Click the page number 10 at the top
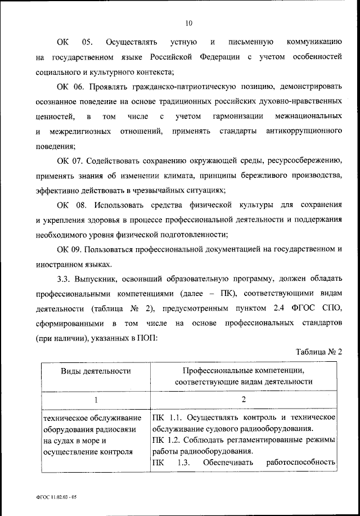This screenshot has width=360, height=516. click(x=188, y=23)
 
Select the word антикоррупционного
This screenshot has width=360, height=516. click(x=305, y=131)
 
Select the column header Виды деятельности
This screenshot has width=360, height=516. click(x=96, y=371)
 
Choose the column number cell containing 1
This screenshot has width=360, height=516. click(x=96, y=400)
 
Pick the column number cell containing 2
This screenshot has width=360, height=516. click(x=244, y=400)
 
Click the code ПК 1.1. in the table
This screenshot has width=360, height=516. click(x=167, y=417)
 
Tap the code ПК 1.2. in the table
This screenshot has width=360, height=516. click(x=167, y=439)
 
